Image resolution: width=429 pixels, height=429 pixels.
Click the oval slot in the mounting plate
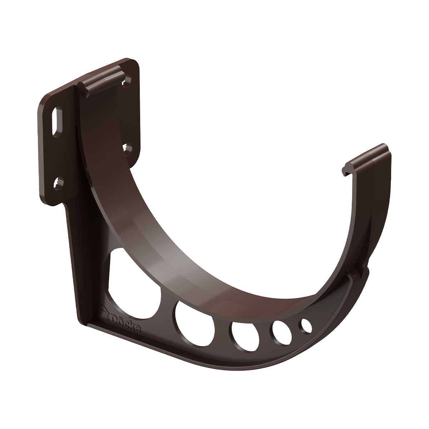(x=57, y=121)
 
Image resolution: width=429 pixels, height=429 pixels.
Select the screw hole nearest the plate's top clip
(x=127, y=82)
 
